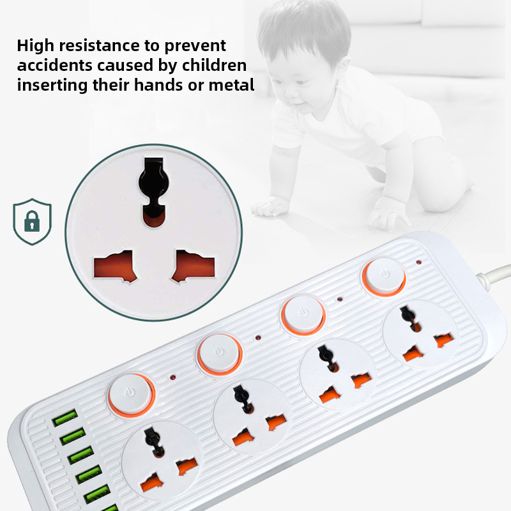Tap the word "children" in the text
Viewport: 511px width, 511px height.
click(x=214, y=65)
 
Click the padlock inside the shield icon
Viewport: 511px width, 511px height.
click(x=32, y=221)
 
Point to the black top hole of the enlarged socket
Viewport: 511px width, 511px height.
click(x=153, y=192)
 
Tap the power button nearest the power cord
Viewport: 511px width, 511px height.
click(x=385, y=277)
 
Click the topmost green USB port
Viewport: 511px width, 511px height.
click(x=65, y=418)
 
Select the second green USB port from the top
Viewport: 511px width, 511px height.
click(x=73, y=436)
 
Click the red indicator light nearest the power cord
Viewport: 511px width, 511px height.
click(x=419, y=262)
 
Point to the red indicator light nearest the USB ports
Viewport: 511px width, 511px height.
click(x=172, y=378)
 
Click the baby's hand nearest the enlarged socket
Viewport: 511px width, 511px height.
click(x=270, y=207)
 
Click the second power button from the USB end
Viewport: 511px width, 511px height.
click(x=220, y=354)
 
